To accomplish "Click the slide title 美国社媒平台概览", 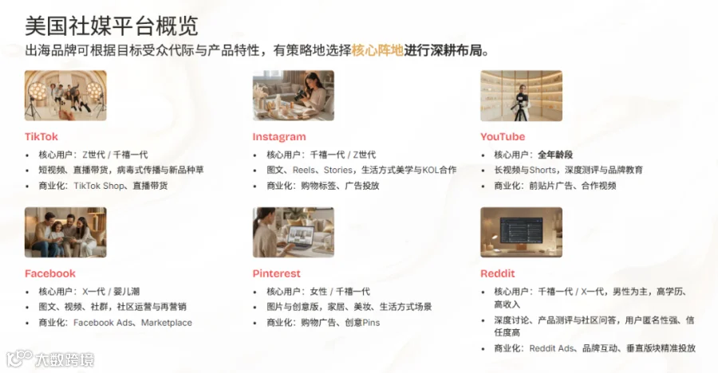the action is coord(111,26).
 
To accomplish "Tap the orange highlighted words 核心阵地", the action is coord(377,50).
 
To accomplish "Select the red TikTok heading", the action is coord(41,136).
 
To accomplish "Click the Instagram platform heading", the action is coord(279,136).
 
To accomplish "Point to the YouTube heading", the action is coord(503,136).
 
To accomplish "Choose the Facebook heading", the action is coord(50,273).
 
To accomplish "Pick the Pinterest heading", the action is coord(276,273).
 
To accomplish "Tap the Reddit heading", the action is coord(497,273).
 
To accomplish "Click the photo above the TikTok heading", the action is coord(65,95).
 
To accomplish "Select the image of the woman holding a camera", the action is coord(293,95).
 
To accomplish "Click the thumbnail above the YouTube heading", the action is coord(521,95).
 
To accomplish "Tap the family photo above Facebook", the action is coord(65,232).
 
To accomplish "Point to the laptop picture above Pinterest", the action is coord(293,232).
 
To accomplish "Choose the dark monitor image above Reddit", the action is coord(521,232).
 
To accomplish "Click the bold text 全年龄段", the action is coord(555,155).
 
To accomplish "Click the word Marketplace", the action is coord(167,322).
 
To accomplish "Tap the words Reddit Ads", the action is coord(551,348).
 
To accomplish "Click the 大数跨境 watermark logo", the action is coord(50,359).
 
